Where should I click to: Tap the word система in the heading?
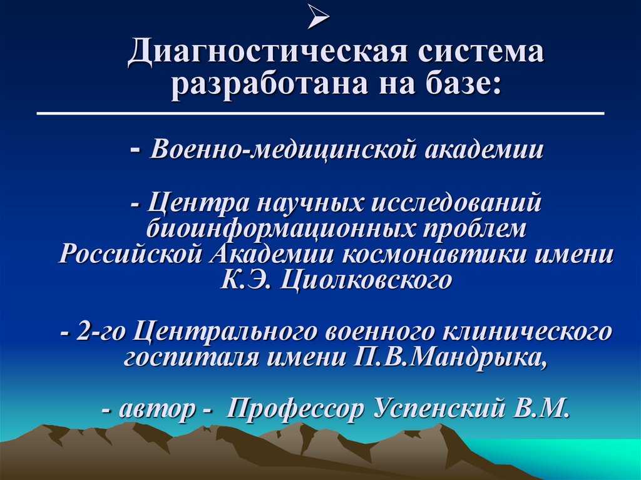click(x=475, y=52)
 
